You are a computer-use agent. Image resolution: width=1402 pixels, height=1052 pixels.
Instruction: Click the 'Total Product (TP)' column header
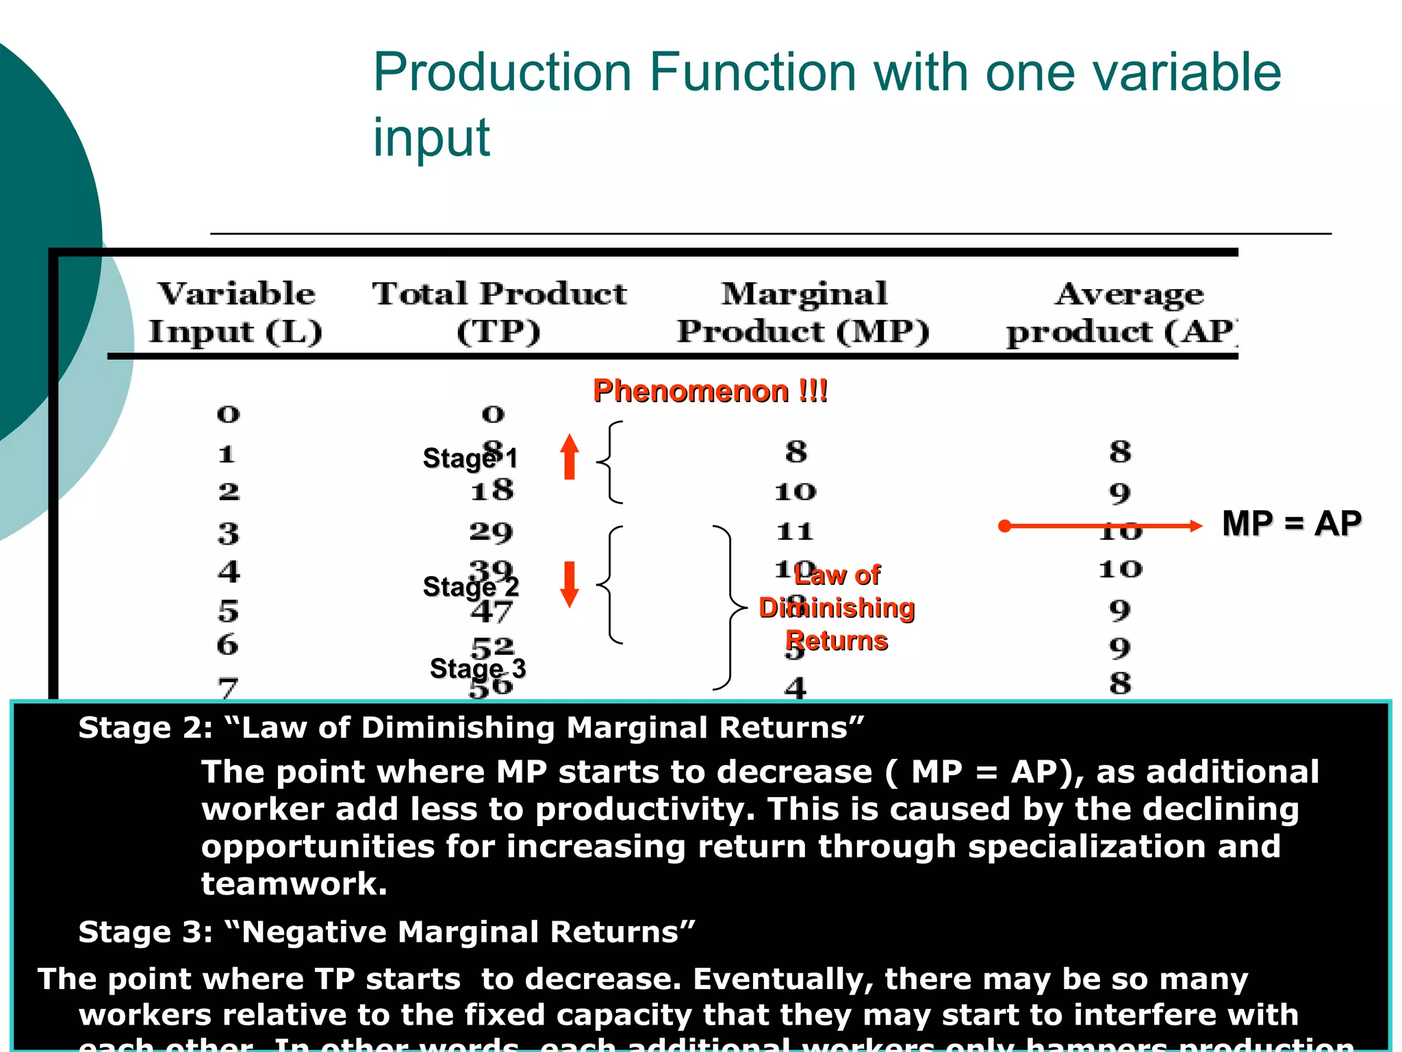click(499, 312)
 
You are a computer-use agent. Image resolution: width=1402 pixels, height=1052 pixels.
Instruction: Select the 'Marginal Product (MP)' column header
click(804, 312)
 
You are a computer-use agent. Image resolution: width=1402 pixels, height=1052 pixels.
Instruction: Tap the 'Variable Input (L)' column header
click(235, 312)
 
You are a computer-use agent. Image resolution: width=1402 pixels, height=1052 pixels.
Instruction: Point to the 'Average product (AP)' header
click(1123, 312)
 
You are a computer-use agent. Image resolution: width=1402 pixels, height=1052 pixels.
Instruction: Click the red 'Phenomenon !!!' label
click(710, 391)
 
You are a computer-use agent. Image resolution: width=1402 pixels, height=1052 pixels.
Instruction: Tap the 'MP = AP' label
click(1291, 524)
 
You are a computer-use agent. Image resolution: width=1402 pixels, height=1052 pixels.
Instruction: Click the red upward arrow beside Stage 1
click(569, 456)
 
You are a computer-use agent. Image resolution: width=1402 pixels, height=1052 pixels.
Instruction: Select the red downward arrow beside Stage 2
click(569, 584)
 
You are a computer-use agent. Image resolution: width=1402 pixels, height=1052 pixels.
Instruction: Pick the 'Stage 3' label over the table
click(477, 668)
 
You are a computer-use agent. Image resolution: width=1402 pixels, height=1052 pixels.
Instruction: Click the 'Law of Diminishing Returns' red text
click(837, 608)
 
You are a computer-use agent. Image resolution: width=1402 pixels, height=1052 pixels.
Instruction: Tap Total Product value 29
click(491, 531)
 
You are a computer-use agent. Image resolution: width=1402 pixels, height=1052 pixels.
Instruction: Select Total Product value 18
click(492, 490)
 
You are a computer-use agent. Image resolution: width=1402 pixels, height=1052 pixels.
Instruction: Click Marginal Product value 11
click(795, 531)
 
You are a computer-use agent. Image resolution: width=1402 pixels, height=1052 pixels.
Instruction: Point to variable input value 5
click(229, 611)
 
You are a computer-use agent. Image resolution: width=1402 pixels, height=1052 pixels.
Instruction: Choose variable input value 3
click(229, 533)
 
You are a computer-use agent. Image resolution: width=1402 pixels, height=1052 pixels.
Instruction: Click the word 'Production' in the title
click(502, 72)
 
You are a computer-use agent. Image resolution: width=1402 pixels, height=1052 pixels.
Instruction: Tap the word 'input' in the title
click(431, 137)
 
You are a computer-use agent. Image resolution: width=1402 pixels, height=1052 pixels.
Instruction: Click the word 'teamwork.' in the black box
click(294, 884)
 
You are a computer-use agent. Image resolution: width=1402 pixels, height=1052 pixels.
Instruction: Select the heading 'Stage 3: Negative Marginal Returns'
click(387, 932)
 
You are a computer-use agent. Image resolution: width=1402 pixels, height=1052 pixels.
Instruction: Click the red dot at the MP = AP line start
click(1004, 526)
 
